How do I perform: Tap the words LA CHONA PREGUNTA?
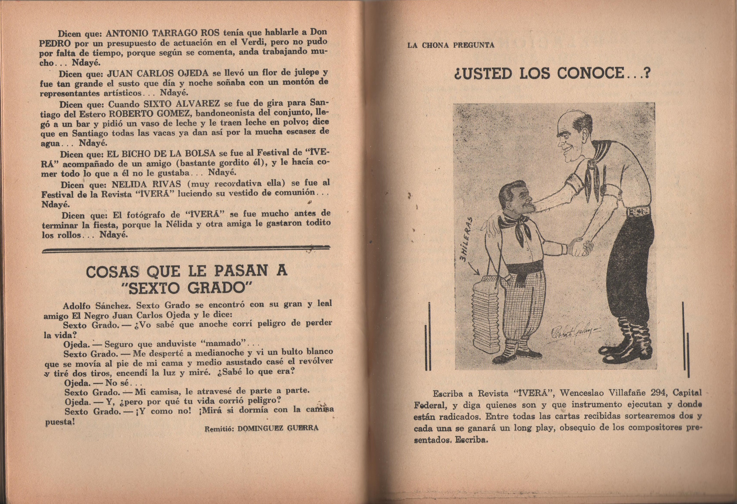pyautogui.click(x=451, y=45)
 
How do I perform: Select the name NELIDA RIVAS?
pyautogui.click(x=146, y=184)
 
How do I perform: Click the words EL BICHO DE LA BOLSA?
pyautogui.click(x=161, y=154)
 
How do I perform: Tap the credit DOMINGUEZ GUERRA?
pyautogui.click(x=278, y=429)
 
